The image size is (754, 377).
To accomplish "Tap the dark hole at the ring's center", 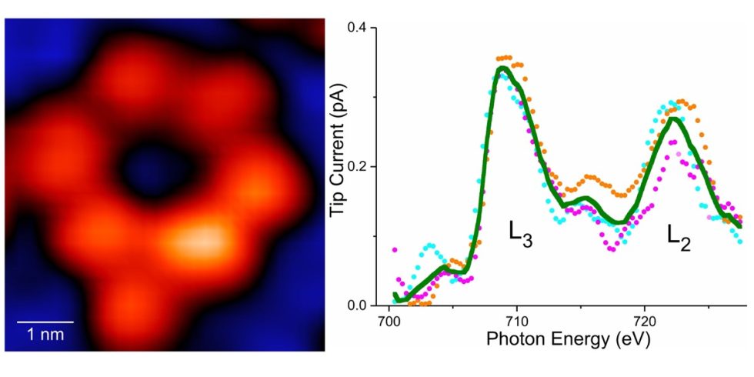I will pyautogui.click(x=145, y=172).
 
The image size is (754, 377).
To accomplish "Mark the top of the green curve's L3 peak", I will pyautogui.click(x=502, y=68).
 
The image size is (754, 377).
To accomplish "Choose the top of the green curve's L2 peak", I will pyautogui.click(x=673, y=118).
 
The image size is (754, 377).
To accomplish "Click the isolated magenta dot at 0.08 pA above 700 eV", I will pyautogui.click(x=394, y=250).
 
